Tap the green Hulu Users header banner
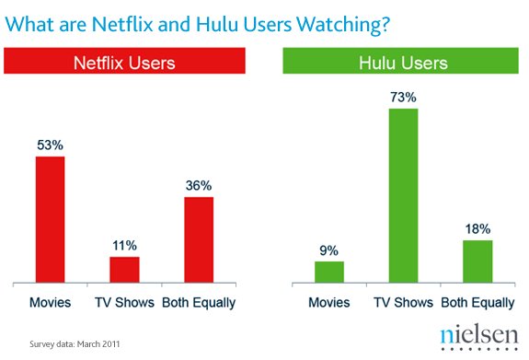[402, 64]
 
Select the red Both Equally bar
[198, 239]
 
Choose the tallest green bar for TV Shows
[403, 194]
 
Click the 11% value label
[124, 245]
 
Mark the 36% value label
[198, 184]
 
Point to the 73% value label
[403, 97]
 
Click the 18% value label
[477, 227]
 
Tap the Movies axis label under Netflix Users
[50, 303]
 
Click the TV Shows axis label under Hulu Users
[403, 303]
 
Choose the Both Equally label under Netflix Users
[198, 303]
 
